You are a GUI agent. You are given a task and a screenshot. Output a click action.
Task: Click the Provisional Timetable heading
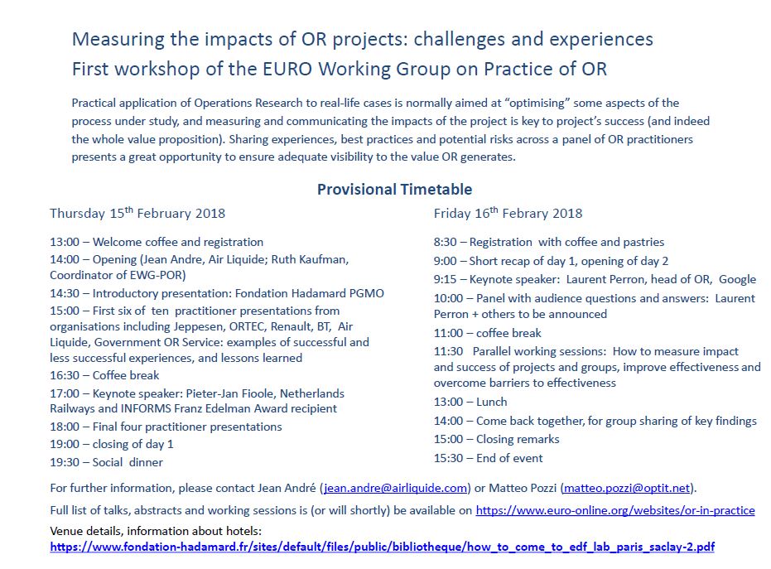[x=394, y=190]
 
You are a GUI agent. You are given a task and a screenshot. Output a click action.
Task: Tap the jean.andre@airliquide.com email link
[x=395, y=488]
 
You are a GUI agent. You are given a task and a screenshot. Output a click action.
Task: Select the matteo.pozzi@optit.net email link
[x=627, y=488]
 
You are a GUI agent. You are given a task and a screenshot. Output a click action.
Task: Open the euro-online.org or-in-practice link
[x=615, y=510]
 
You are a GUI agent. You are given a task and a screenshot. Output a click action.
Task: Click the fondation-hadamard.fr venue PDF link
[x=382, y=547]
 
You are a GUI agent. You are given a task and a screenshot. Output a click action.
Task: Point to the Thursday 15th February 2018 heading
[x=137, y=213]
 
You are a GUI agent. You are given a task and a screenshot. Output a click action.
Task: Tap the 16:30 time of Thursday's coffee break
[x=65, y=375]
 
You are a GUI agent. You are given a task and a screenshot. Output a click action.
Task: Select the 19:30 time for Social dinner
[x=65, y=462]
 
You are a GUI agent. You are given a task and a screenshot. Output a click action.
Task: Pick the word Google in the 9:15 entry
[x=738, y=279]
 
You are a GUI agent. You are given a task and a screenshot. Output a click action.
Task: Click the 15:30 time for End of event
[x=449, y=458]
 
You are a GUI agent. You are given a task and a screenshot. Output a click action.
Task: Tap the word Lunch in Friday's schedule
[x=492, y=402]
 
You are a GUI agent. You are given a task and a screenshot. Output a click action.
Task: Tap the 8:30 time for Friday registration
[x=445, y=242]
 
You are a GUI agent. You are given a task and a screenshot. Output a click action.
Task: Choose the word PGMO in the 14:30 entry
[x=366, y=293]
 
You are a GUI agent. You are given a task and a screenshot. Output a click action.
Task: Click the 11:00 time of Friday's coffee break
[x=449, y=333]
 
